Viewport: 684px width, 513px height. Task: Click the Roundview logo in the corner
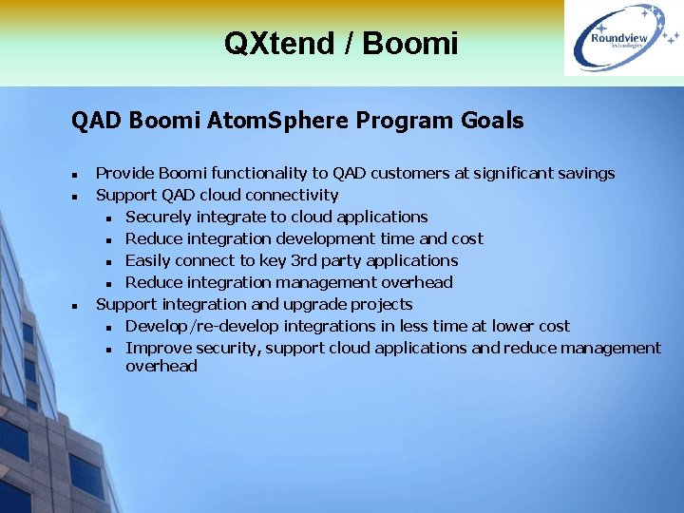click(622, 38)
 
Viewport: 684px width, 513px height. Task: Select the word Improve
click(155, 348)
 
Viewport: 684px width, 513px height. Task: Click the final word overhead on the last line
click(161, 366)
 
